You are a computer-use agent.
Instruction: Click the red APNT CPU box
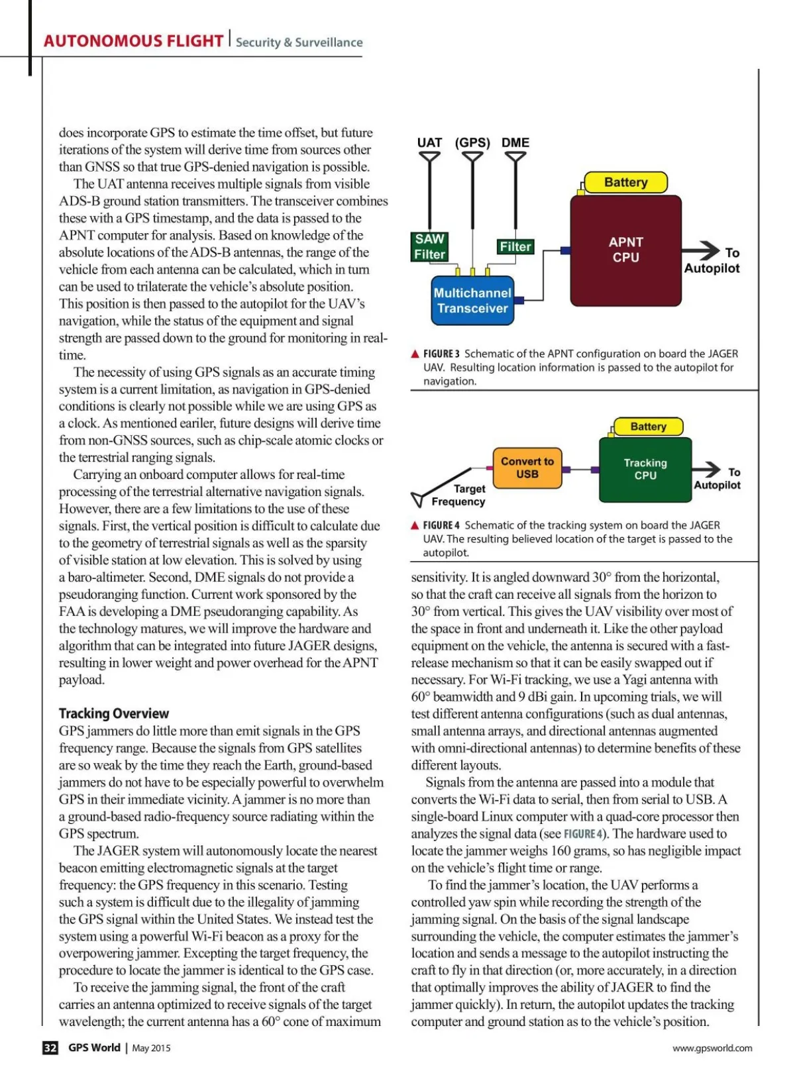coord(625,250)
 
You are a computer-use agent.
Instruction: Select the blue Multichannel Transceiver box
coord(472,301)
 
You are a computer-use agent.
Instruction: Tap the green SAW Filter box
coord(430,246)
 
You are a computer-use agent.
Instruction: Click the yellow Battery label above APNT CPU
coord(625,182)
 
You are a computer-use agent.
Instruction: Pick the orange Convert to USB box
coord(527,468)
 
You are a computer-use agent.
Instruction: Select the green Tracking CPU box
coord(645,469)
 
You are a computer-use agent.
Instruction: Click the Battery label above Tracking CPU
coord(648,427)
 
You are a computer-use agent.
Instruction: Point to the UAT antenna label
coord(429,142)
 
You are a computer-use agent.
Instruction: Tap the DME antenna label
coord(515,142)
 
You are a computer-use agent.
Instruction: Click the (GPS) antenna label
coord(472,142)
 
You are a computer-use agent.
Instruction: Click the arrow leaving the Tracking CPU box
coord(707,470)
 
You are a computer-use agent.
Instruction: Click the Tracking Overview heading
coord(114,713)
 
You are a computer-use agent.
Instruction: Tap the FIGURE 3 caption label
coord(441,354)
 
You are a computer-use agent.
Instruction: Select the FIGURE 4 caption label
coord(441,525)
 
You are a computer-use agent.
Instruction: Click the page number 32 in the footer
coord(50,1048)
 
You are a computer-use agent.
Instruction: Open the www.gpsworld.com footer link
coord(712,1048)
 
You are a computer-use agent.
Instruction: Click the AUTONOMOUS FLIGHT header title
coord(133,41)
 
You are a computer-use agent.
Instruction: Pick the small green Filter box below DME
coord(515,246)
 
